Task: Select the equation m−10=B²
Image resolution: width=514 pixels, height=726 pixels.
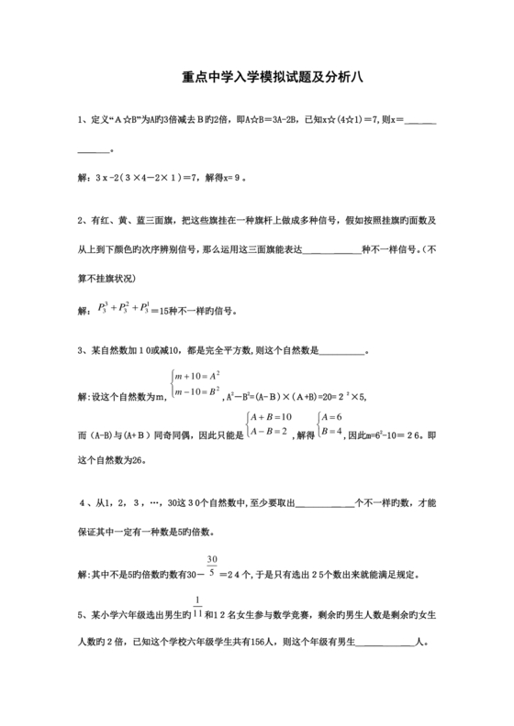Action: click(x=197, y=391)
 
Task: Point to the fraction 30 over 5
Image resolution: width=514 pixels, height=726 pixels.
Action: click(x=212, y=566)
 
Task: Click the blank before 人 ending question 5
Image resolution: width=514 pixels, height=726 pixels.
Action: click(x=383, y=643)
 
